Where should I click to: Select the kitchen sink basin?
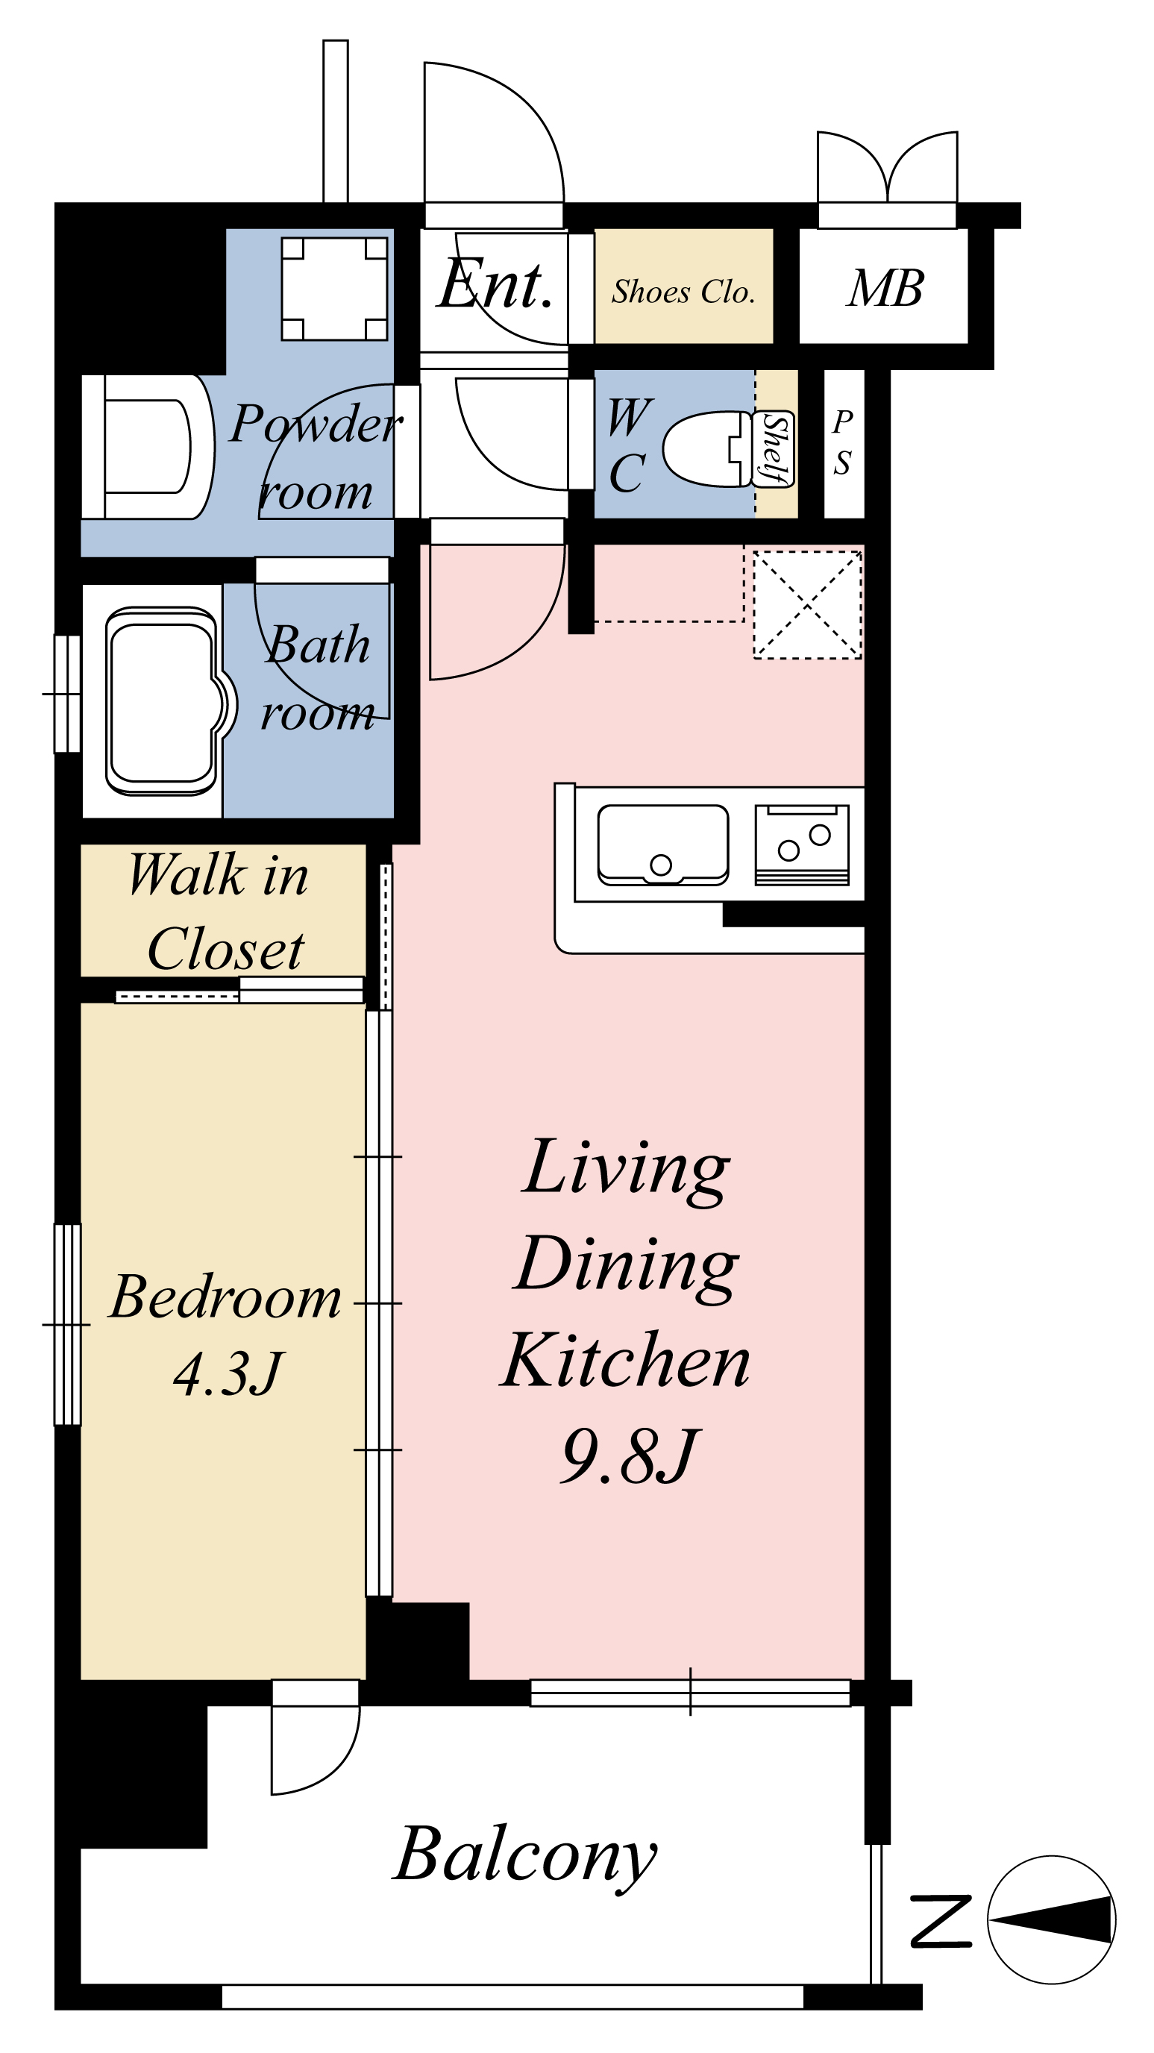tap(663, 844)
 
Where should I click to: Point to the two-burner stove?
tap(802, 844)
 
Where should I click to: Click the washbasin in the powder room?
tap(148, 446)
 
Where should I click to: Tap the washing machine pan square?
tap(335, 289)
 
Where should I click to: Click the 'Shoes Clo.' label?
tap(683, 292)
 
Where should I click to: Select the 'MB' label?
tap(885, 288)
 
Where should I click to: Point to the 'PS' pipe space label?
tap(842, 442)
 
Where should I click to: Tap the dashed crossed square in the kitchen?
tap(807, 606)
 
